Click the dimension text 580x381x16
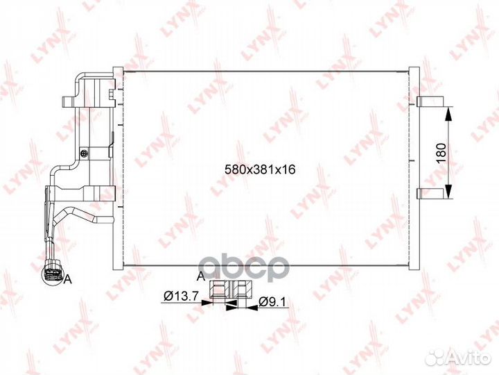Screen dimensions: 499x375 (x=260, y=169)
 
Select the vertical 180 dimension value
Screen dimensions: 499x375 (x=441, y=153)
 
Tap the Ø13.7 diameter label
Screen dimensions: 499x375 (x=181, y=297)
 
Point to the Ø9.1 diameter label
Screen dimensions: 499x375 (x=273, y=301)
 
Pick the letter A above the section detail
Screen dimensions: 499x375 (x=201, y=276)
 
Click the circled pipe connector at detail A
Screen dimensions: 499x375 (x=53, y=276)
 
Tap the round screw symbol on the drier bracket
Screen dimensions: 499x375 (x=85, y=153)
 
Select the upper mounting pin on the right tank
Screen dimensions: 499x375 (x=430, y=101)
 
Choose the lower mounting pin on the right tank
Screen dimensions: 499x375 (x=430, y=193)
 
